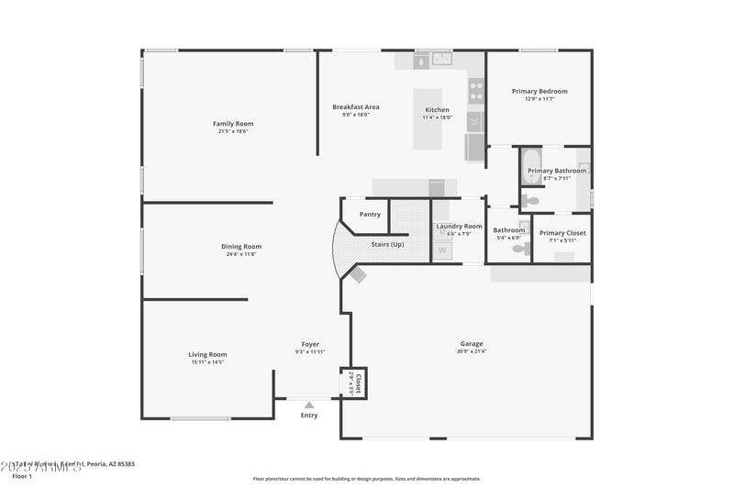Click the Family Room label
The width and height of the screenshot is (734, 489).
233,124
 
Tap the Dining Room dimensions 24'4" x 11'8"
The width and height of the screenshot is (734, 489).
241,254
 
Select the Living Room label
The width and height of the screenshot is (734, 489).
207,354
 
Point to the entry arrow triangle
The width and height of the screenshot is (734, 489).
309,404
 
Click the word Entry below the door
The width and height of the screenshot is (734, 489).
309,416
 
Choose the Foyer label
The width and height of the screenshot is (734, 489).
310,344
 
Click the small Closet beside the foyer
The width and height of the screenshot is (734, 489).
354,383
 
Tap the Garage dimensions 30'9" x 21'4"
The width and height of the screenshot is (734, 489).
472,351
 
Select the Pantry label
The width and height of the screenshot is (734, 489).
370,215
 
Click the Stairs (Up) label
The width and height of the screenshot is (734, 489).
387,245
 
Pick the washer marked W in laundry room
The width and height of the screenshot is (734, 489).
442,250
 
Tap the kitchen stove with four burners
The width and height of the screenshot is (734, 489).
476,90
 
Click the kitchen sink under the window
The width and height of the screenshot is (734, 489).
444,61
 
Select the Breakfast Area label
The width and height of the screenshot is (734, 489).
355,107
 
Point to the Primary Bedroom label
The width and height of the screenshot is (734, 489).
539,91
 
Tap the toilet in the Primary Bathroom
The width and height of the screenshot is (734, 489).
530,200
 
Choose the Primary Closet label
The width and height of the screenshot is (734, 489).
562,233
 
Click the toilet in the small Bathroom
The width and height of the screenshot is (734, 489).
520,248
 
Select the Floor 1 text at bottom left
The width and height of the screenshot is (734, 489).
22,476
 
